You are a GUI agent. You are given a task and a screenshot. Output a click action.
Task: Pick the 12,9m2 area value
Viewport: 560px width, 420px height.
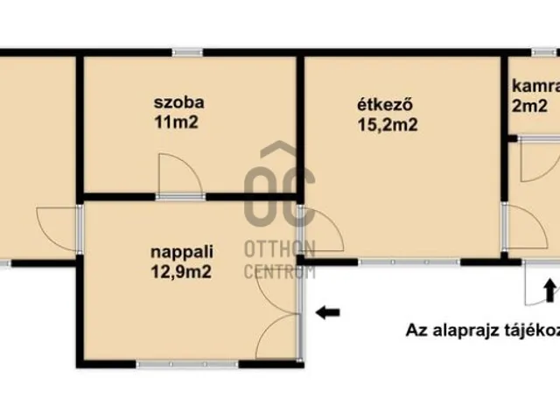pyautogui.click(x=183, y=271)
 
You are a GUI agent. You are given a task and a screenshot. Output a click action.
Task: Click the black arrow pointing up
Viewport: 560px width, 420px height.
pyautogui.click(x=549, y=289)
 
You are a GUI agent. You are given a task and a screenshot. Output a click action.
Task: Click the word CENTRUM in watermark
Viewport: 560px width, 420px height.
pyautogui.click(x=279, y=270)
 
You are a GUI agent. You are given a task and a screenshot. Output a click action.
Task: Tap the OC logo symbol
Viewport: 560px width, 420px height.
pyautogui.click(x=278, y=194)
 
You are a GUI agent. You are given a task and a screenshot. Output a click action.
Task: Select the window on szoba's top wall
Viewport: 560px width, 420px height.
pyautogui.click(x=187, y=52)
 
